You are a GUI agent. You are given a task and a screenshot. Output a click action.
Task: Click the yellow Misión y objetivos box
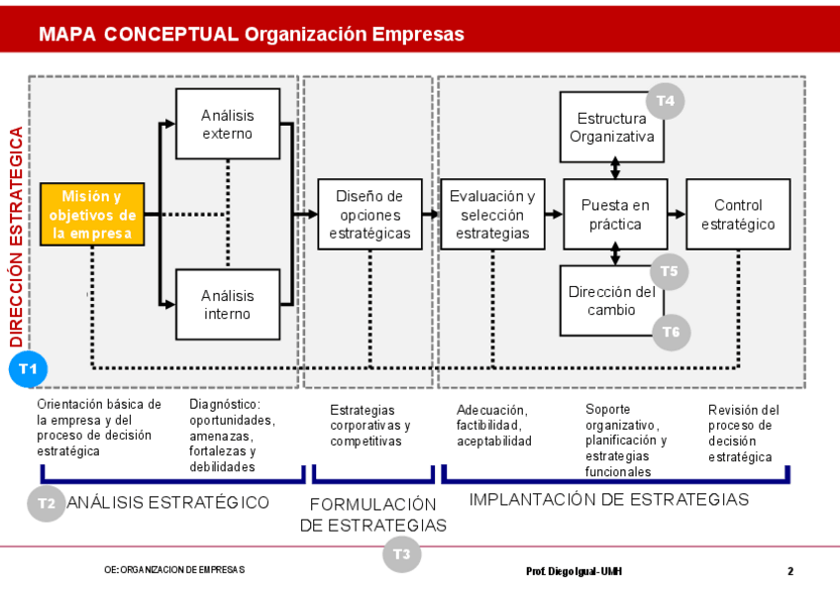pos(92,214)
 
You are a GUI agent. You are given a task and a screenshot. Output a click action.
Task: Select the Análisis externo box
pos(227,124)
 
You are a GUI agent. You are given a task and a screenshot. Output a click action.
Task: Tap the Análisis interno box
pos(227,304)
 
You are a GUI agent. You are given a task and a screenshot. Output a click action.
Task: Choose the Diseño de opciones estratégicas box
pos(369,214)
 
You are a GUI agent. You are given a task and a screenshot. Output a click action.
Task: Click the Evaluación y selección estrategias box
pos(492,214)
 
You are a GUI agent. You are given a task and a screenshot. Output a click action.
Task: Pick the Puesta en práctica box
pos(615,214)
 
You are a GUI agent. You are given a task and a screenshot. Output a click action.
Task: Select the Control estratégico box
pos(738,214)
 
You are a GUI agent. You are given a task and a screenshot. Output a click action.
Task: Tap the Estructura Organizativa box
pos(611,128)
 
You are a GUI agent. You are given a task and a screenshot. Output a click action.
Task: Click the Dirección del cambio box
pos(611,300)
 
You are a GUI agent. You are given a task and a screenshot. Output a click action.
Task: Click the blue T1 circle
pos(28,369)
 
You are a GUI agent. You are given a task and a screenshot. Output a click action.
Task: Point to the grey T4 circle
pos(666,100)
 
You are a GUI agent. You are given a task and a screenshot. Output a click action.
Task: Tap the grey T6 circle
pos(672,332)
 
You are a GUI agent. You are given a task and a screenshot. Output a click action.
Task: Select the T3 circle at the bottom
pos(402,553)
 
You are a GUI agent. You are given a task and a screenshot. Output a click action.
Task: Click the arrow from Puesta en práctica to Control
pos(677,214)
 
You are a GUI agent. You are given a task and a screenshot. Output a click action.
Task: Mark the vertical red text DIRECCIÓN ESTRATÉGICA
pos(16,236)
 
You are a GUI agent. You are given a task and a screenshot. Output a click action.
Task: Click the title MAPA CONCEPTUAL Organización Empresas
pos(252,35)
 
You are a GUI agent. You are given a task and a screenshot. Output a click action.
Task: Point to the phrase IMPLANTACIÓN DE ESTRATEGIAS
pos(608,499)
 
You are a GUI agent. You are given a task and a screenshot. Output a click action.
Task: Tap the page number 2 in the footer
pos(790,571)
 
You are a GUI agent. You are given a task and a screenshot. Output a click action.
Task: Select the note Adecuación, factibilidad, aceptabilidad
pos(494,426)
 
